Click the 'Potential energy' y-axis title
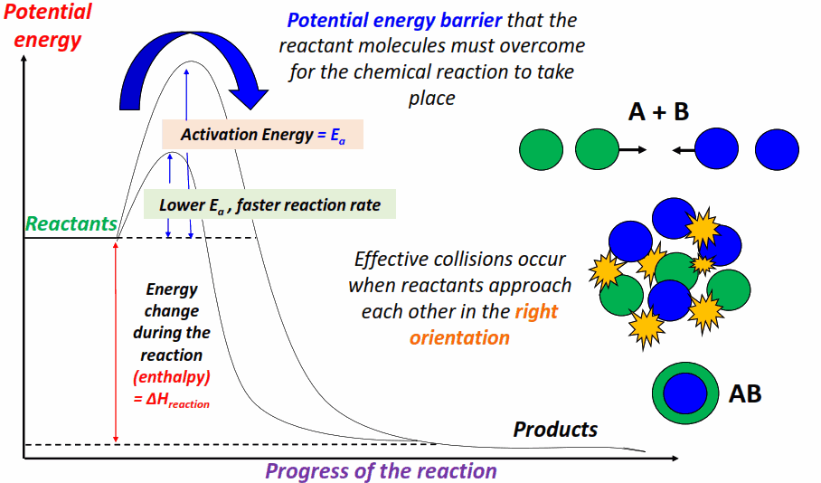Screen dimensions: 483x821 pos(51,26)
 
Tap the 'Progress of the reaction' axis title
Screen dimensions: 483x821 pos(381,471)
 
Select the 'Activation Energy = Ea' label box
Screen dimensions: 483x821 pos(262,135)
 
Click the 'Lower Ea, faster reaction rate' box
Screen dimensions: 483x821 pos(269,205)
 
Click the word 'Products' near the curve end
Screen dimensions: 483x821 pos(555,429)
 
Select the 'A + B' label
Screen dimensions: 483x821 pos(658,111)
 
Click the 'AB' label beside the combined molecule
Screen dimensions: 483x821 pos(744,393)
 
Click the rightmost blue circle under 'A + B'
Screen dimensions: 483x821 pos(777,149)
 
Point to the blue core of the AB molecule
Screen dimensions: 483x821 pos(685,393)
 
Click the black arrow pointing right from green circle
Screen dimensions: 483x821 pos(632,151)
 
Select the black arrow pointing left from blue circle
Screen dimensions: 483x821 pos(684,151)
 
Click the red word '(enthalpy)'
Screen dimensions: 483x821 pos(172,376)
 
